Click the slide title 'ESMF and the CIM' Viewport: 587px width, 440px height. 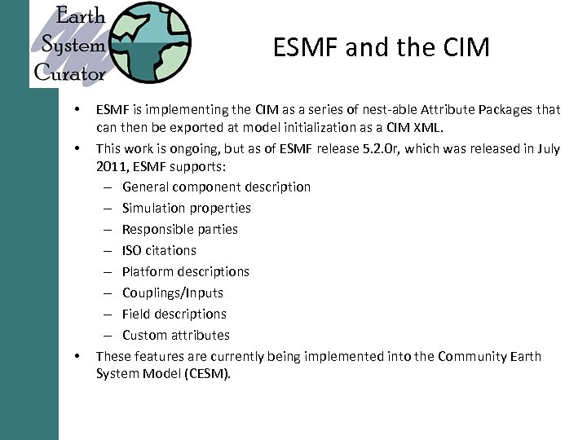pos(381,47)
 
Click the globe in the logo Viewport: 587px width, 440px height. pos(152,42)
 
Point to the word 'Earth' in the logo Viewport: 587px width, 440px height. pos(81,15)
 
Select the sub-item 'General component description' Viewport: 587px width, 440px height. pos(216,187)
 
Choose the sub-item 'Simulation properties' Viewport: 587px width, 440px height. pos(186,208)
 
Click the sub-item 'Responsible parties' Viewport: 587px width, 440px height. pos(179,229)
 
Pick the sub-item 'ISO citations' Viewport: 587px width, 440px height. pos(159,250)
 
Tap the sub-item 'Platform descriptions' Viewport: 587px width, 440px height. pos(185,271)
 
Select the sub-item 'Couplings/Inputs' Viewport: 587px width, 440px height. pos(172,293)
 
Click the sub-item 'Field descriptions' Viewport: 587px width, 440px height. pos(174,314)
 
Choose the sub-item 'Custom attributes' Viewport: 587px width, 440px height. pos(175,335)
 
